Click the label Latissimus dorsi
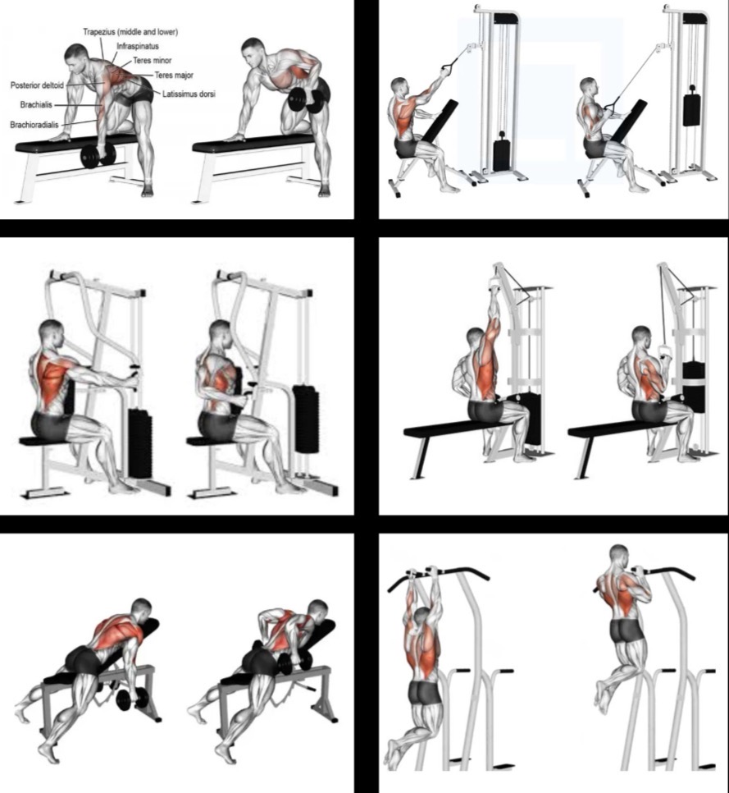189,94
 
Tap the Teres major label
174,76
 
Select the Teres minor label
152,60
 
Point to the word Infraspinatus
138,46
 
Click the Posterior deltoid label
37,85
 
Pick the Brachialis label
36,105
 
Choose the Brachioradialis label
34,125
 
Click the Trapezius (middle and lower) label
130,32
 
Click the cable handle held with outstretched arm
447,67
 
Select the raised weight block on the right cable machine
691,109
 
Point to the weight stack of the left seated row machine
140,443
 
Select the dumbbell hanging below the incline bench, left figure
132,699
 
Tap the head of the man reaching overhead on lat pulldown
476,338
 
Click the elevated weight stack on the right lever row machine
306,419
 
